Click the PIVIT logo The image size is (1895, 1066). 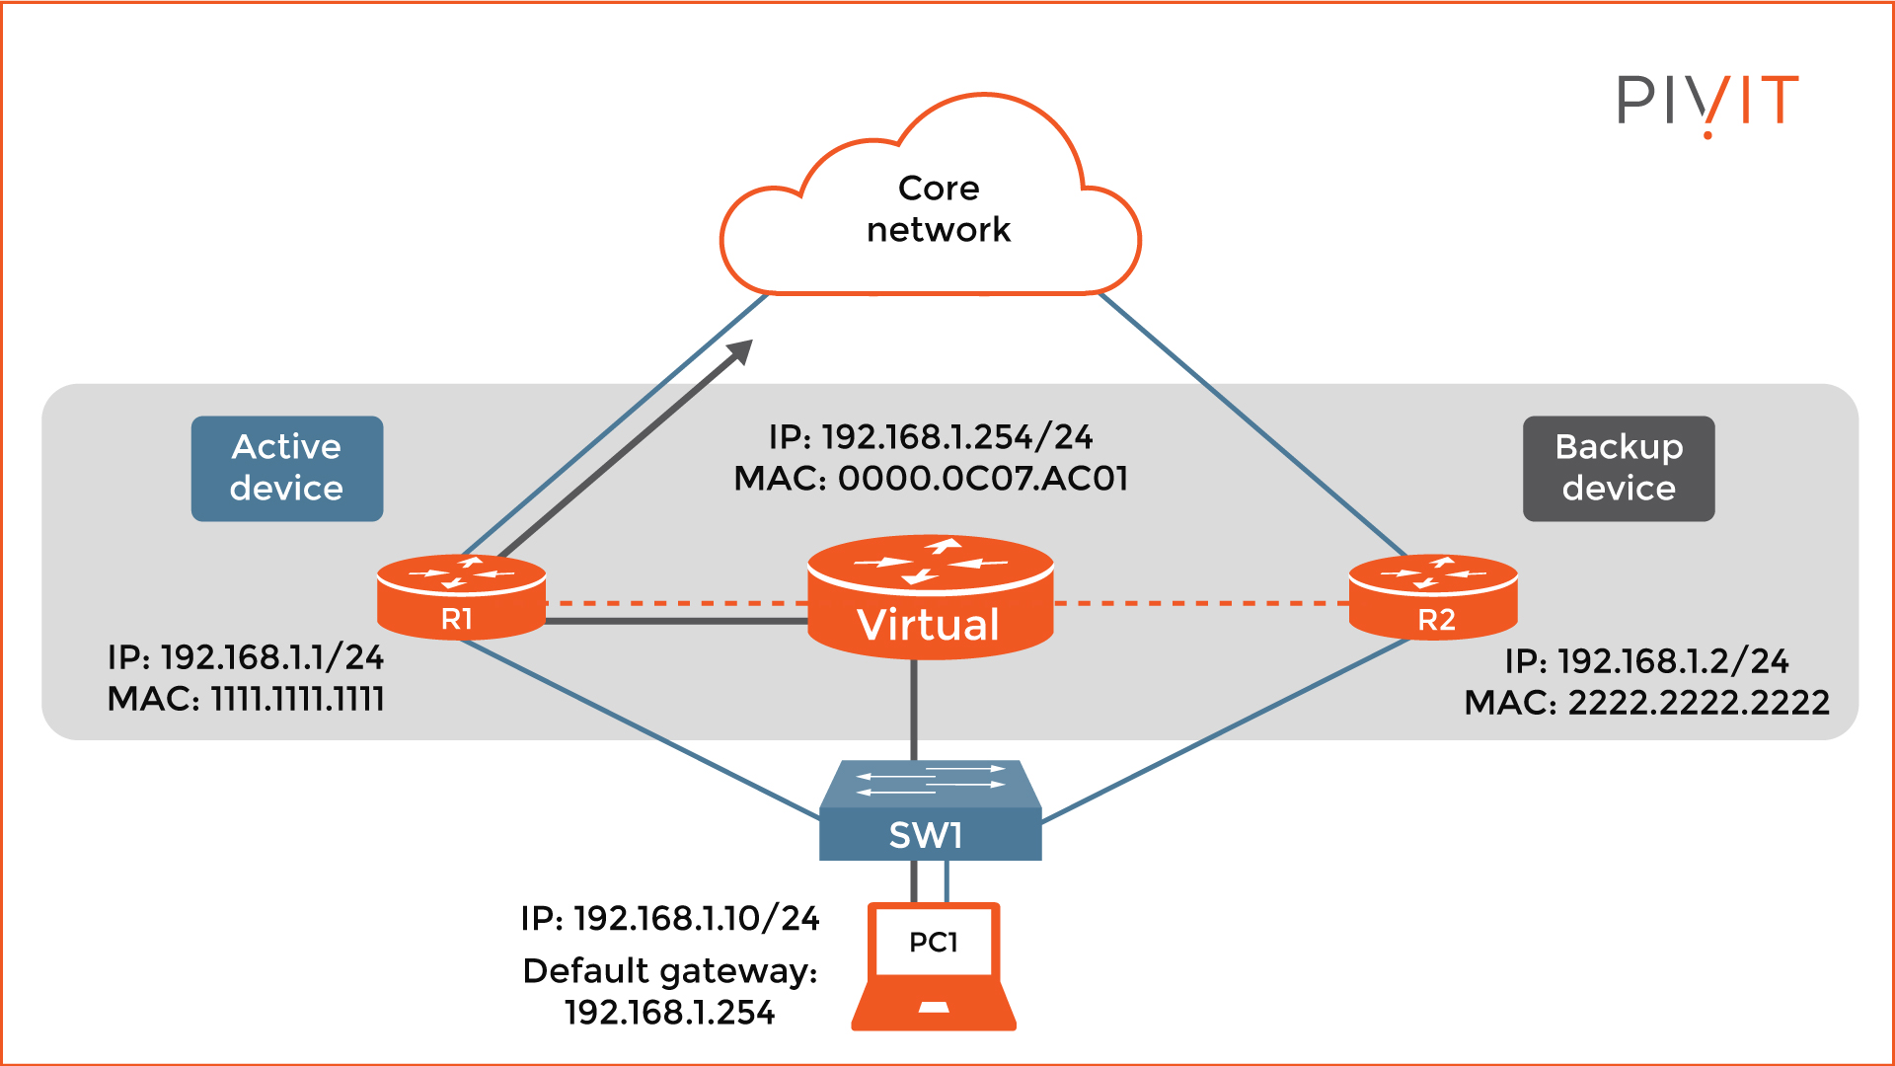coord(1707,101)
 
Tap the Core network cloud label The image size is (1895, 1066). coord(938,208)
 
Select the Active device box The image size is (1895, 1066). coord(286,468)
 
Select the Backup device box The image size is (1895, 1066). coord(1619,468)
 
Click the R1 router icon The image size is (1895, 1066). coord(461,596)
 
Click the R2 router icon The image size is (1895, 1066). coord(1433,596)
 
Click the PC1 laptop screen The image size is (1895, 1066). coord(934,942)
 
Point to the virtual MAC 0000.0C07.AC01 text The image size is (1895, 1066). coord(982,479)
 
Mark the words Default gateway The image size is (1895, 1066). coord(668,971)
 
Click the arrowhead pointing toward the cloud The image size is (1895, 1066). coord(740,352)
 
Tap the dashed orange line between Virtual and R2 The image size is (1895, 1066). coord(1199,603)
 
